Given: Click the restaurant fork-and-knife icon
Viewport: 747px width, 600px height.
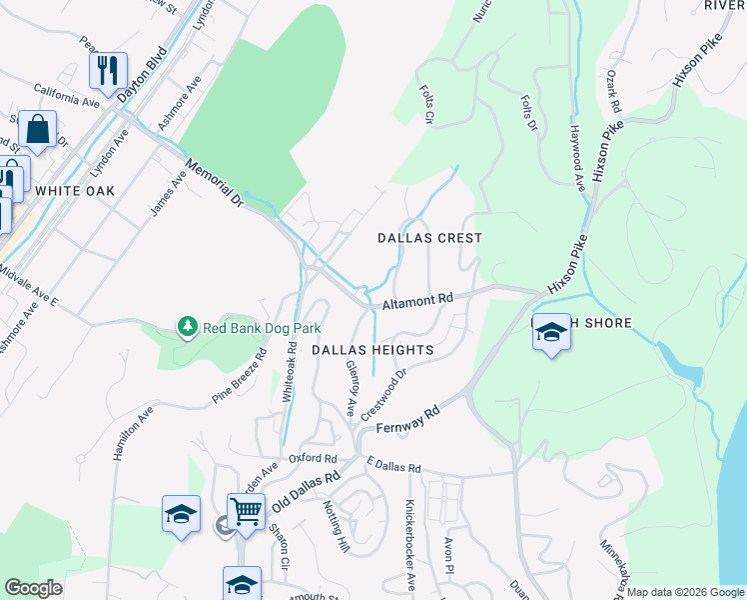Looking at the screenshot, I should click(108, 69).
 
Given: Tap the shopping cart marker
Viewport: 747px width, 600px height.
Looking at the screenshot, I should click(246, 511).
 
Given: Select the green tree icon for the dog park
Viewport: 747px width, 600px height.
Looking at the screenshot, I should click(187, 326).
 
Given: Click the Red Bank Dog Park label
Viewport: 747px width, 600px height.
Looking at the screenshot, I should click(262, 327).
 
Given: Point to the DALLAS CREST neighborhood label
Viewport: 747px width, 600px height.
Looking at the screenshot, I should click(429, 238).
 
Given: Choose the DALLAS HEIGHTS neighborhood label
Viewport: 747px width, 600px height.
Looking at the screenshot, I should click(372, 350).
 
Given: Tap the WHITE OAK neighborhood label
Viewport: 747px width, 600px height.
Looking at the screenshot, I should click(75, 190).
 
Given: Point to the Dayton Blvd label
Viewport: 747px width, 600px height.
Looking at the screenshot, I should click(141, 77).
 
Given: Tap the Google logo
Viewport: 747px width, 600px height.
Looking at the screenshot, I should click(33, 588).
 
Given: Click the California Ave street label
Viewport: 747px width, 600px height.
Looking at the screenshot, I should click(67, 96).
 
